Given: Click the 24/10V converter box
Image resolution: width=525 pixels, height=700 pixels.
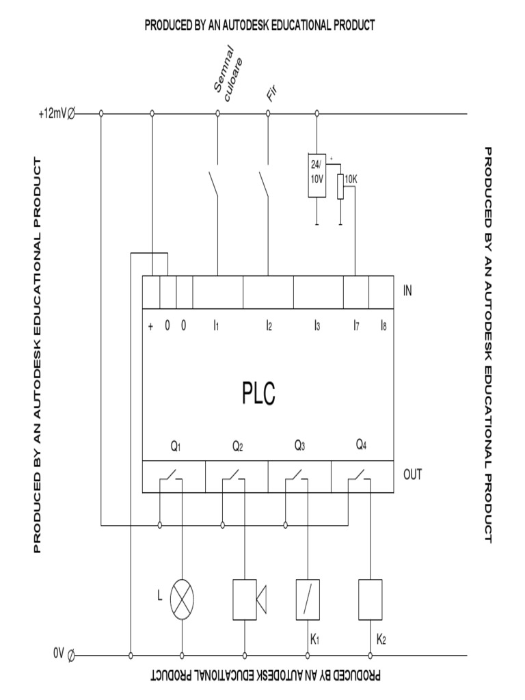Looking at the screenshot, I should tap(316, 175).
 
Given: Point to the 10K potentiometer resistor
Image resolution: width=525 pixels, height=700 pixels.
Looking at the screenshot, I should tap(340, 187).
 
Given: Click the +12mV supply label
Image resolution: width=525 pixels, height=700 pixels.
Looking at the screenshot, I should tap(53, 114).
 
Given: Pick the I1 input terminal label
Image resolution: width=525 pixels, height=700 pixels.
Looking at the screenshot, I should tap(215, 326).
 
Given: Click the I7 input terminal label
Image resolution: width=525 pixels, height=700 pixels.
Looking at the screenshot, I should tap(356, 326).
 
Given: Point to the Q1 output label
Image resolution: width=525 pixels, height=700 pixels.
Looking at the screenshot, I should tap(176, 447).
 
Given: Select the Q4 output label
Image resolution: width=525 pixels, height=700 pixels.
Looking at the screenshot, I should tap(362, 445).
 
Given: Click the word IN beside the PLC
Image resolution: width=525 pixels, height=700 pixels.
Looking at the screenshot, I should tap(407, 291).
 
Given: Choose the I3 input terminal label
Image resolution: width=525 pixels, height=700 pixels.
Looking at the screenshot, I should tap(317, 326).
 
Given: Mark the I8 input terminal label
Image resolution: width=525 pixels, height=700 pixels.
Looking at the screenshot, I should tap(383, 326).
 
